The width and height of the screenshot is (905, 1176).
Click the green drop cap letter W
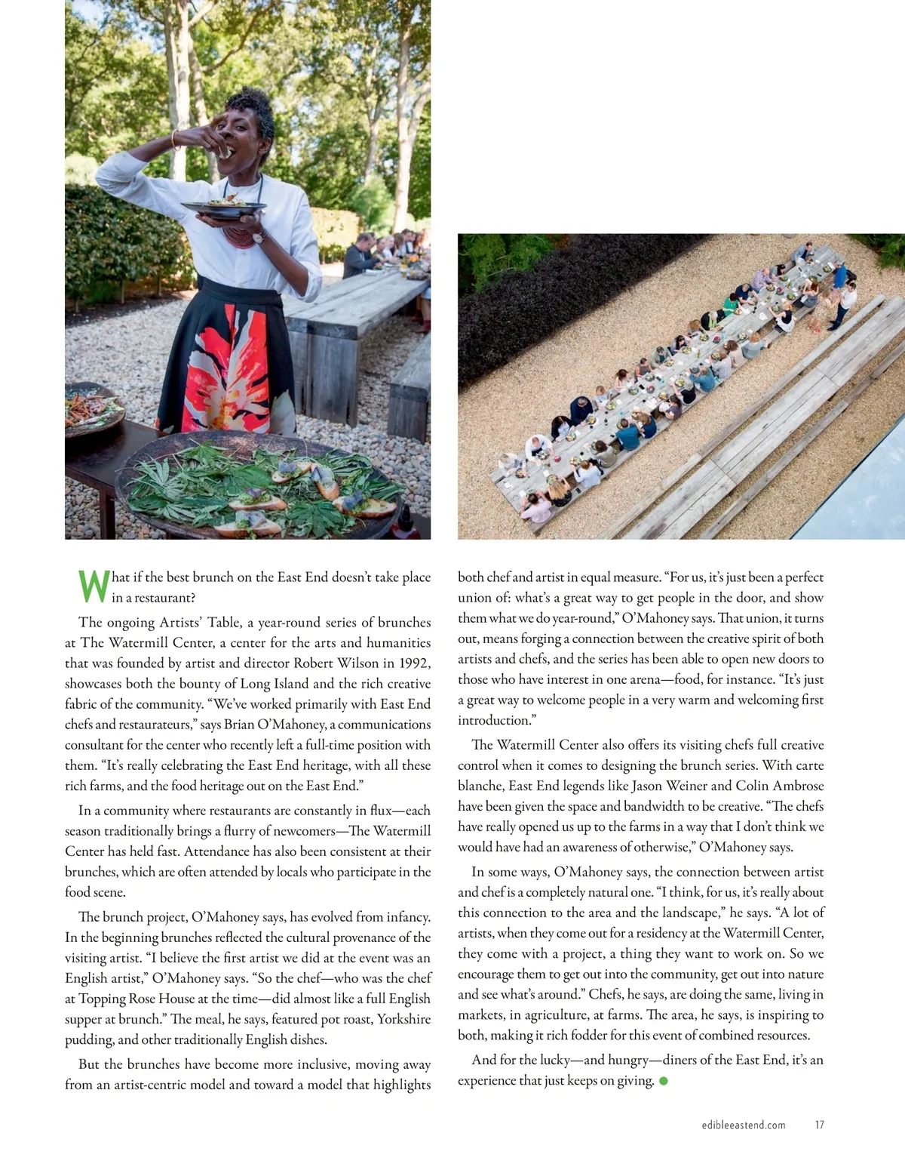(94, 586)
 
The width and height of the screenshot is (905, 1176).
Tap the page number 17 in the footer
(819, 1125)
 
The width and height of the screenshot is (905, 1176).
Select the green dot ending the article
(664, 1081)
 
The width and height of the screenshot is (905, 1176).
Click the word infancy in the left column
(406, 917)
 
